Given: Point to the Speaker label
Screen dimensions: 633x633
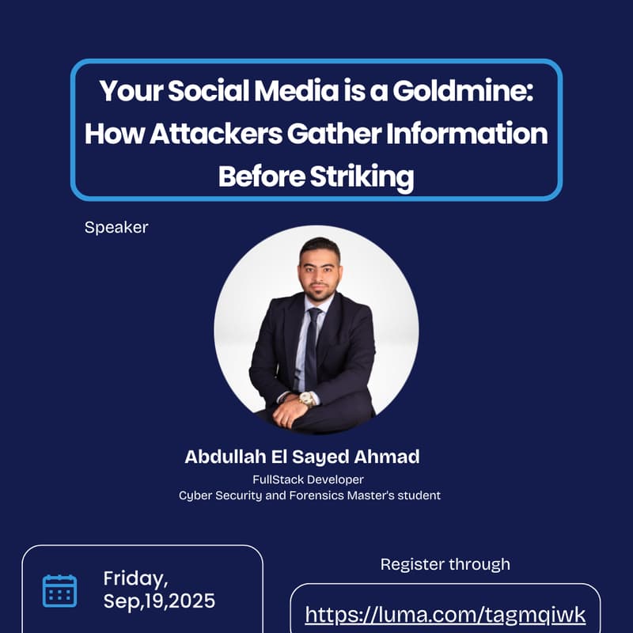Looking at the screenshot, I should [x=116, y=228].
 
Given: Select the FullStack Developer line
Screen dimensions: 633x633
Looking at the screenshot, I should [x=309, y=479].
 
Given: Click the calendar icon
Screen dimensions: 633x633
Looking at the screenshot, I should [x=59, y=590].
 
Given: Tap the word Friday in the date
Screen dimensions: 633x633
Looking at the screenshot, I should [x=135, y=578].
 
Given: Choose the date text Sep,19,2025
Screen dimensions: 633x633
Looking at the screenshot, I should [x=159, y=601].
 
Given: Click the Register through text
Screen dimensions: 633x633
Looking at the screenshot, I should [x=445, y=564].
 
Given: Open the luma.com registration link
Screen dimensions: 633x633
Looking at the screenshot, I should [x=445, y=615].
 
